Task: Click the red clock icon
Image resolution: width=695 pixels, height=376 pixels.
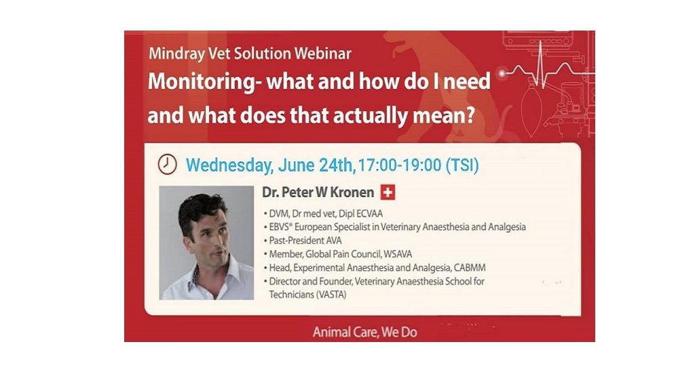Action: [x=167, y=164]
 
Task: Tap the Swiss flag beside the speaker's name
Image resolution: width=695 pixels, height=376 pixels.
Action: [x=388, y=193]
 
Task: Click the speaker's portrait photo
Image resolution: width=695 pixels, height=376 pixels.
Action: [x=206, y=243]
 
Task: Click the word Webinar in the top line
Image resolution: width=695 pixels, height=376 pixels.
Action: [x=322, y=54]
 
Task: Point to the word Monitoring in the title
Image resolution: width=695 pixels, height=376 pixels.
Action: [x=202, y=83]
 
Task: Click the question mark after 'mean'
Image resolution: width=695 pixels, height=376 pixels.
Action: [x=470, y=115]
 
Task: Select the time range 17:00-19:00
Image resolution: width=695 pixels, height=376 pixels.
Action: [x=399, y=166]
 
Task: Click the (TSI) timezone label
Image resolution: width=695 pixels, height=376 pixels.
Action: [x=462, y=166]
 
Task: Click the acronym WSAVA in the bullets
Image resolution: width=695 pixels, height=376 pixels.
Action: [x=398, y=254]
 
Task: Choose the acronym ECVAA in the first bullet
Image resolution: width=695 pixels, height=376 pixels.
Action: [x=369, y=214]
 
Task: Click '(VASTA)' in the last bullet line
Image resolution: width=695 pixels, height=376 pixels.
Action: [x=331, y=295]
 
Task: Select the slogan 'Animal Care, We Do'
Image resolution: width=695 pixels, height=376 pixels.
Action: [x=364, y=332]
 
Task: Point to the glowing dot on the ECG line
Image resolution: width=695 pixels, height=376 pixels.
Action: [x=502, y=73]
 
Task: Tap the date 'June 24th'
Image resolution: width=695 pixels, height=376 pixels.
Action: [x=315, y=166]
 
